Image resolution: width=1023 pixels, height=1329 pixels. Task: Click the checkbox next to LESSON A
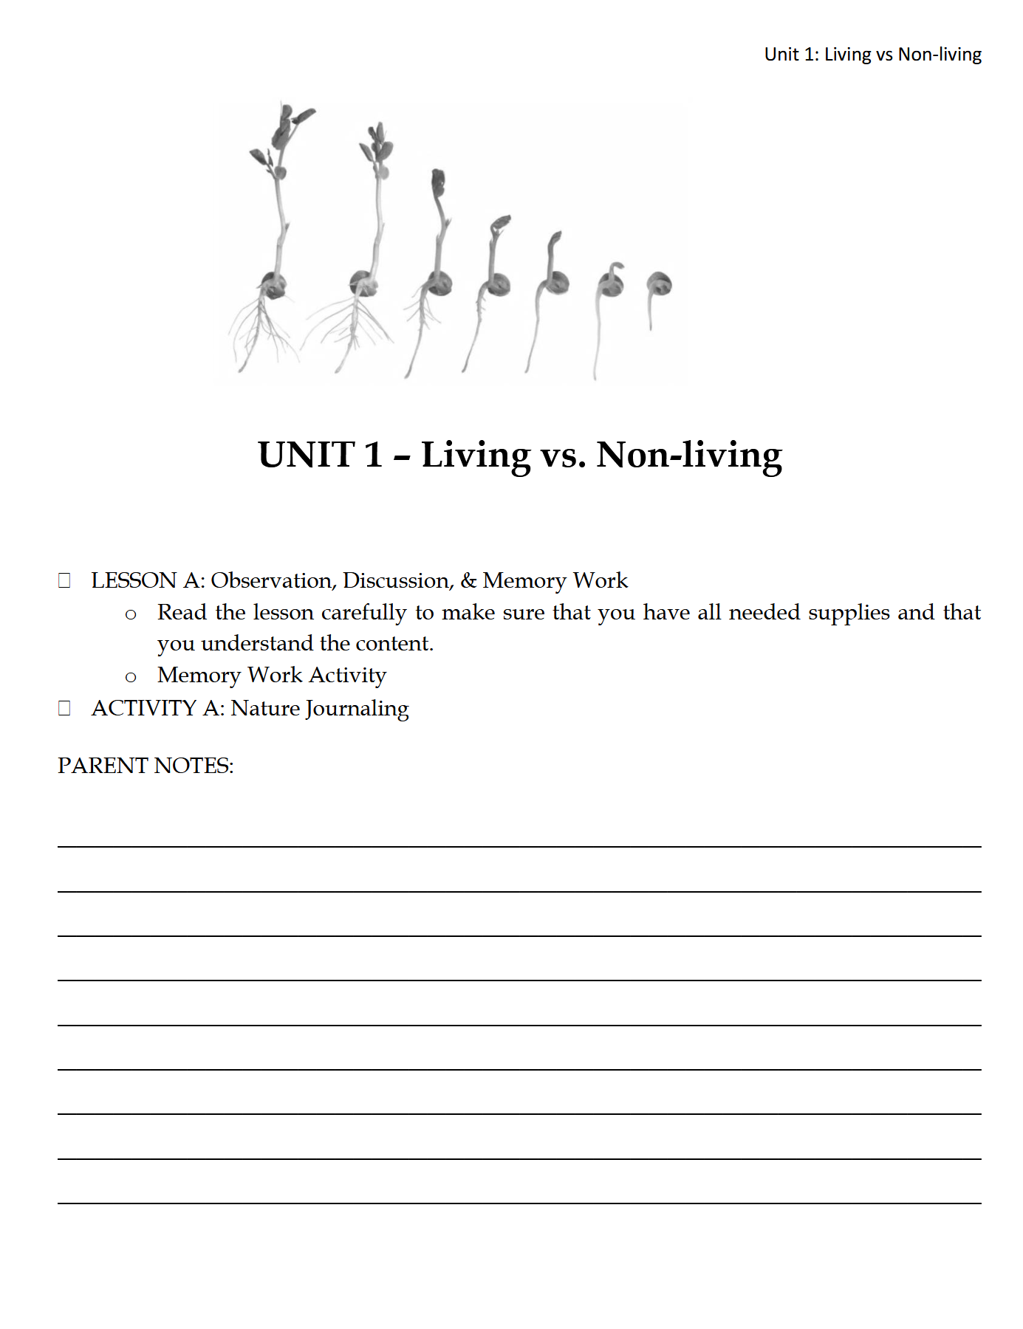[64, 581]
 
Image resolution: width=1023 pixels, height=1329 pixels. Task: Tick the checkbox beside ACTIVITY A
[64, 709]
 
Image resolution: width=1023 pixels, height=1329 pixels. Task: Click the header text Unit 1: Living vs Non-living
[872, 55]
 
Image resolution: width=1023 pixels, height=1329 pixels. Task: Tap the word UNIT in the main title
[306, 455]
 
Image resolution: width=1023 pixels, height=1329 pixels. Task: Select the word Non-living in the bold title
[688, 455]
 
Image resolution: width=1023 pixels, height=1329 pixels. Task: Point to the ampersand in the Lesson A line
[468, 581]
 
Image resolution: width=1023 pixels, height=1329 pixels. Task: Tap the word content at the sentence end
[393, 644]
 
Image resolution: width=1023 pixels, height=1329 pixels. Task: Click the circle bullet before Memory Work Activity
[131, 677]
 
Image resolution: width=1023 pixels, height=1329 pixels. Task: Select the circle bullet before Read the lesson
[131, 614]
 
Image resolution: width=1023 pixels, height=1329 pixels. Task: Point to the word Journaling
[357, 709]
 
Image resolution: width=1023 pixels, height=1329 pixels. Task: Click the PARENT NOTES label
[146, 766]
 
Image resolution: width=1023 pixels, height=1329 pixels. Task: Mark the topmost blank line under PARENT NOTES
[519, 845]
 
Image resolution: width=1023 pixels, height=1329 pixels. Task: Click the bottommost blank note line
[519, 1203]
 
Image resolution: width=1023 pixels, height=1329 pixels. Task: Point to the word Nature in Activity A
[265, 709]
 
